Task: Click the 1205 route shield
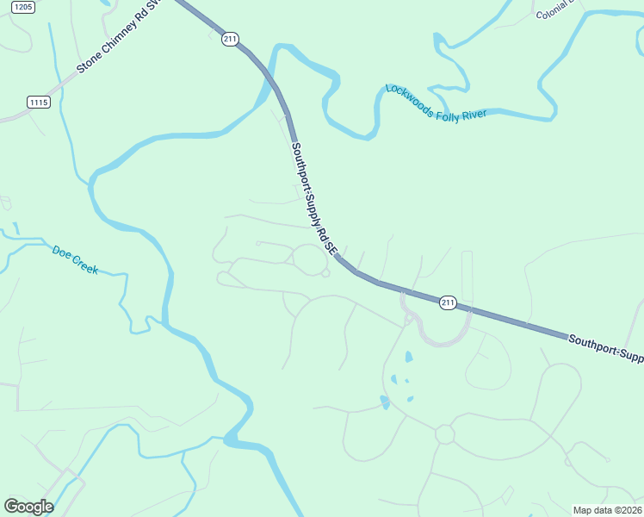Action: [24, 7]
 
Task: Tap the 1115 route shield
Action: [39, 102]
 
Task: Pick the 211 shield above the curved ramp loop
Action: [448, 302]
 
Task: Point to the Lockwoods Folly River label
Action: [436, 103]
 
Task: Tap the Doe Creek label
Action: [75, 259]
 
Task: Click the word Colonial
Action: [554, 14]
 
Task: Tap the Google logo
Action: [28, 507]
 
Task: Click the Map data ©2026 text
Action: [607, 509]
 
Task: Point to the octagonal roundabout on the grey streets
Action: [444, 434]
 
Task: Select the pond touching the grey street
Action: [385, 402]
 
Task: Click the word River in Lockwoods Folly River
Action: [474, 114]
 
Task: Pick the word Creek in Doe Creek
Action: [85, 265]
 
